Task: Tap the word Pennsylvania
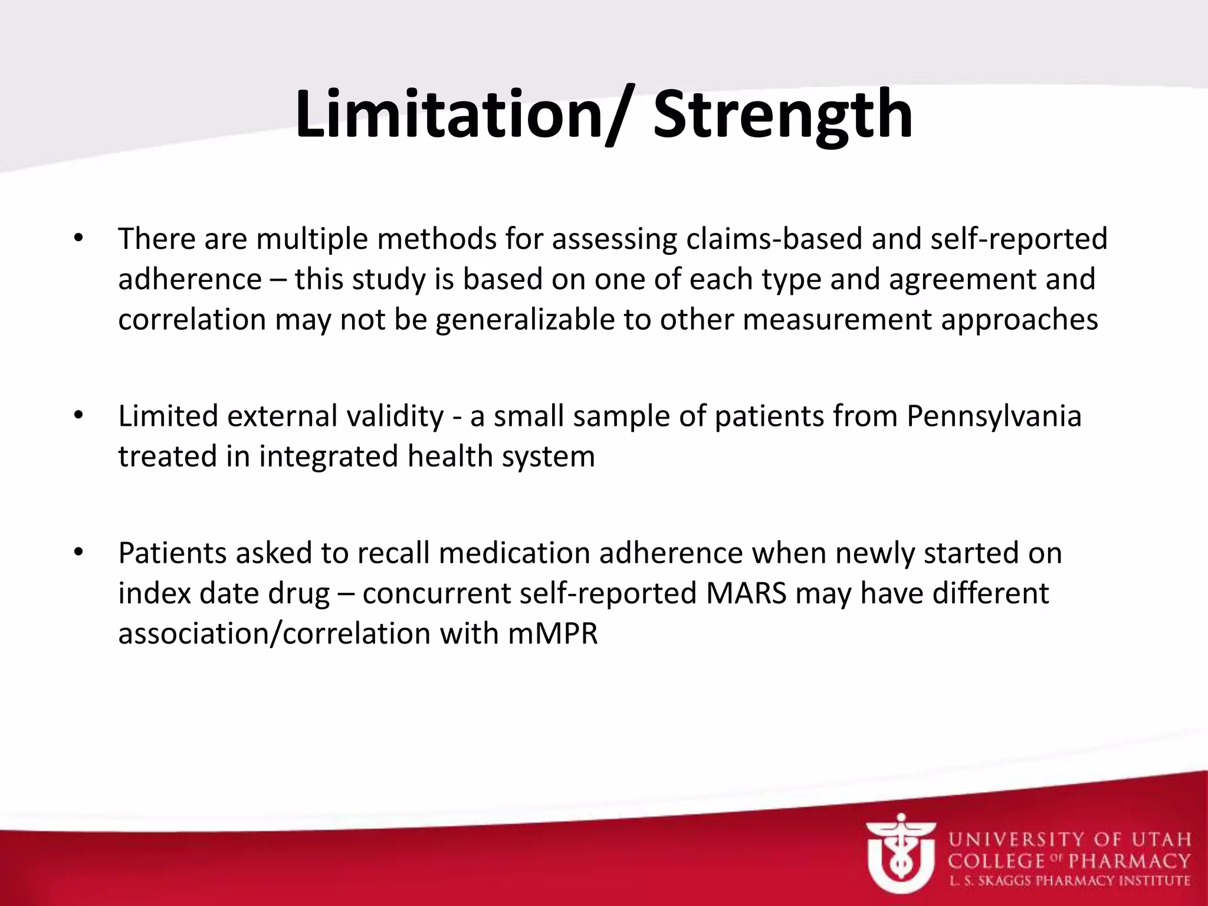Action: coord(994,416)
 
